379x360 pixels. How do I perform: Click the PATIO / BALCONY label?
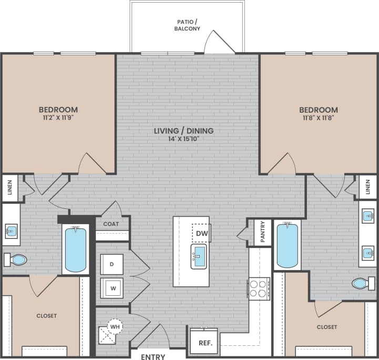point(188,26)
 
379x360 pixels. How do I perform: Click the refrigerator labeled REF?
point(204,343)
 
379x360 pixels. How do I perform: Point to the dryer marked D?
point(111,264)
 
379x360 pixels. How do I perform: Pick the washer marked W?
point(111,288)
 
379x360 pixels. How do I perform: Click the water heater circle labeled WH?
point(115,326)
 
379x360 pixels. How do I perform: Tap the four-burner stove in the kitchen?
point(259,289)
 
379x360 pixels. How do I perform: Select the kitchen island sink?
point(199,256)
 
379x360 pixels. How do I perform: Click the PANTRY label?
point(263,232)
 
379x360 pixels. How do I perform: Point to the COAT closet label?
point(111,224)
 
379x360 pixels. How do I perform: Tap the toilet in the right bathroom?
point(362,284)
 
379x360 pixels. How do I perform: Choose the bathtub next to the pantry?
point(287,244)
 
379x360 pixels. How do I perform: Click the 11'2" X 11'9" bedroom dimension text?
point(58,118)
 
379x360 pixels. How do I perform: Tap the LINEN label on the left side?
point(11,188)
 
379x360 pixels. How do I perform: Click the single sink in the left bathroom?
point(11,231)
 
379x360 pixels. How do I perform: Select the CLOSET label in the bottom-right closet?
point(327,327)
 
